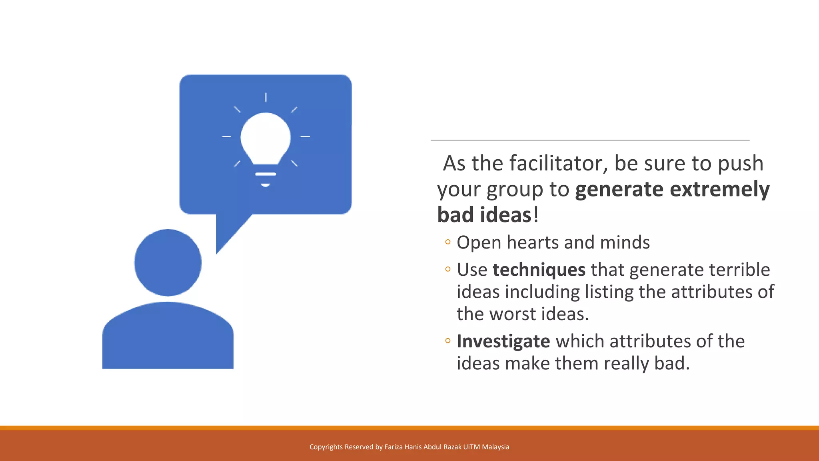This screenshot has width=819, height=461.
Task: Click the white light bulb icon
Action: tap(266, 140)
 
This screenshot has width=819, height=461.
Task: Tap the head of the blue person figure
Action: tap(168, 263)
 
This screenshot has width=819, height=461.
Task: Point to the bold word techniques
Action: tap(539, 270)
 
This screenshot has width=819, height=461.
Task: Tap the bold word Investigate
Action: tap(503, 341)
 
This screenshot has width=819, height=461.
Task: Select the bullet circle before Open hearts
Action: tap(448, 242)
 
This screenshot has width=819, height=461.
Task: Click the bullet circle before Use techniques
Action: tap(448, 269)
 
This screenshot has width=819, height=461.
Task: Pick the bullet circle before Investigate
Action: tap(448, 341)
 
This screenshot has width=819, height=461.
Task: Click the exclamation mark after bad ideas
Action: tap(536, 214)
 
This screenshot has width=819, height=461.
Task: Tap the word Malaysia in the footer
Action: tap(495, 447)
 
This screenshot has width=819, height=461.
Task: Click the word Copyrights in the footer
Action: tap(326, 447)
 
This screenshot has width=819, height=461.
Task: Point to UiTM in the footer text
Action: tap(471, 447)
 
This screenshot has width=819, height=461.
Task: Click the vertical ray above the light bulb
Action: tap(266, 97)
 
